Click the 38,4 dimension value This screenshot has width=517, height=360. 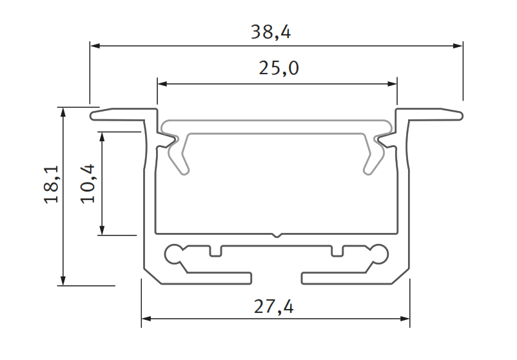(x=271, y=32)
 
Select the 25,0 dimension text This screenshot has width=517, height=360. (x=278, y=68)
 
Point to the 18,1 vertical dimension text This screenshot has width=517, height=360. (x=52, y=185)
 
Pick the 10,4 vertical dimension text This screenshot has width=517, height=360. (x=88, y=183)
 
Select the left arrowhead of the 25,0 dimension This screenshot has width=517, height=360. (x=162, y=83)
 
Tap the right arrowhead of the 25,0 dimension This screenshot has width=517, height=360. (x=391, y=83)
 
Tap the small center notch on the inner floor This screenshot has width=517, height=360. (x=277, y=235)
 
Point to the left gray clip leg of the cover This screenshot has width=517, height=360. (x=180, y=158)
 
